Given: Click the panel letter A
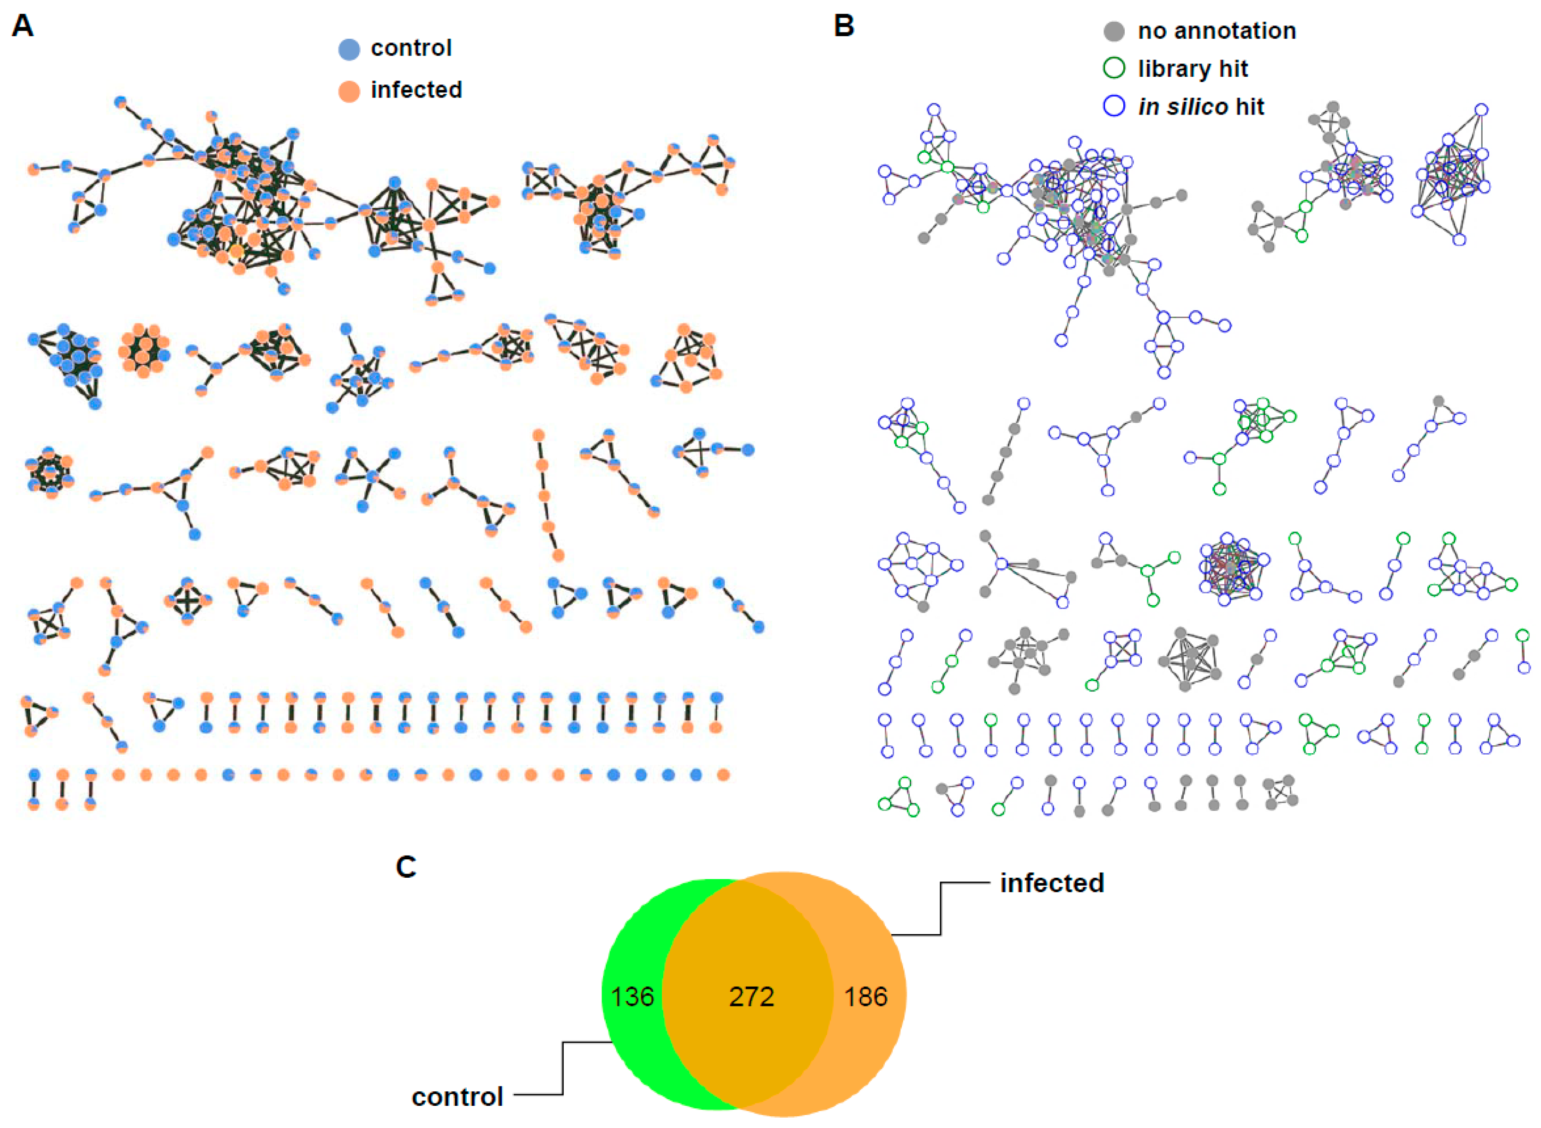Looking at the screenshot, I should click(23, 26).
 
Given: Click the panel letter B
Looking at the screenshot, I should click(844, 26).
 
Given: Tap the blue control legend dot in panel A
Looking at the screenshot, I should click(349, 49).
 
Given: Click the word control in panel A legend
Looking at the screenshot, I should click(411, 48).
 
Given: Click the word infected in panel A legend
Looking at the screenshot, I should click(417, 90).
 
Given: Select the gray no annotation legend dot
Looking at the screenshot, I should click(1113, 31).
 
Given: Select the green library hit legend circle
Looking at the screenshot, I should click(1113, 68).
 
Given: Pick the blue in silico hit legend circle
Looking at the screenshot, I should click(1113, 106).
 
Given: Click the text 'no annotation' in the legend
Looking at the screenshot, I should click(1217, 31).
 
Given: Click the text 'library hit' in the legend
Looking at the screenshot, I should click(1193, 68).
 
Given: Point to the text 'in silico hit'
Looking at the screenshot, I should click(1201, 107).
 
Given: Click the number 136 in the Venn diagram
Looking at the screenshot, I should click(632, 997).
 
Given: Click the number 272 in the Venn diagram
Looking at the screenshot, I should click(751, 997).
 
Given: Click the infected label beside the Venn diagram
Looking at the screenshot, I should click(1052, 883).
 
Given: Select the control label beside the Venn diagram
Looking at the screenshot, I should click(457, 1096).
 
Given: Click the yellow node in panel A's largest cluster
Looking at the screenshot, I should click(236, 251).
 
